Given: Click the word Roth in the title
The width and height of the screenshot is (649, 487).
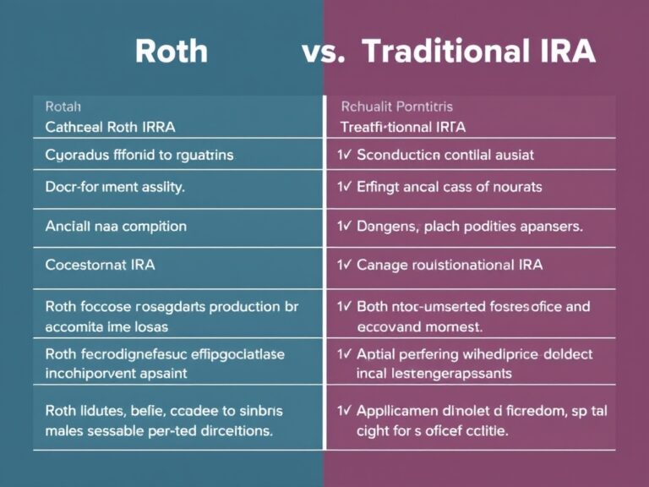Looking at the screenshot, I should tap(171, 52).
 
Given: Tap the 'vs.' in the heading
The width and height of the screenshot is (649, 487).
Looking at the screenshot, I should tap(322, 52).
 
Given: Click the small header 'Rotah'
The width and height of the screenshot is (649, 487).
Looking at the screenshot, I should tap(63, 107).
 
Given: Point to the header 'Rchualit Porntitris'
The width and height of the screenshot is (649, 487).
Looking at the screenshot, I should tap(396, 107).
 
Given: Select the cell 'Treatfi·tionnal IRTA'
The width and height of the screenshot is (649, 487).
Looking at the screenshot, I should tap(403, 127).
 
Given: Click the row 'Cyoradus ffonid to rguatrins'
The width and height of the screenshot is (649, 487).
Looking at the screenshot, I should tap(139, 156).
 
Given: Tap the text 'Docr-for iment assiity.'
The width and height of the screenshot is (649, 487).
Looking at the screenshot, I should tap(114, 187).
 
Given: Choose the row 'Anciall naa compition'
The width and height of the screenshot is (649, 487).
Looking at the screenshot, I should tap(116, 227).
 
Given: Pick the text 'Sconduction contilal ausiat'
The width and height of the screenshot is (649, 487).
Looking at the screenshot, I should tap(444, 156).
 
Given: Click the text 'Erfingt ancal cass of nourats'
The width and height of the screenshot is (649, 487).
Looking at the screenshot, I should tap(450, 187).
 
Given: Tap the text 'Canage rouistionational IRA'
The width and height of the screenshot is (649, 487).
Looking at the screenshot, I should tap(450, 265).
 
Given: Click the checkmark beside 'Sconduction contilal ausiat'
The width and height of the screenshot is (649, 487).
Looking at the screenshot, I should tap(344, 156).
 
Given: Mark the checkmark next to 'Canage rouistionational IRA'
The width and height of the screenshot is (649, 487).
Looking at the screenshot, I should tap(344, 265).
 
